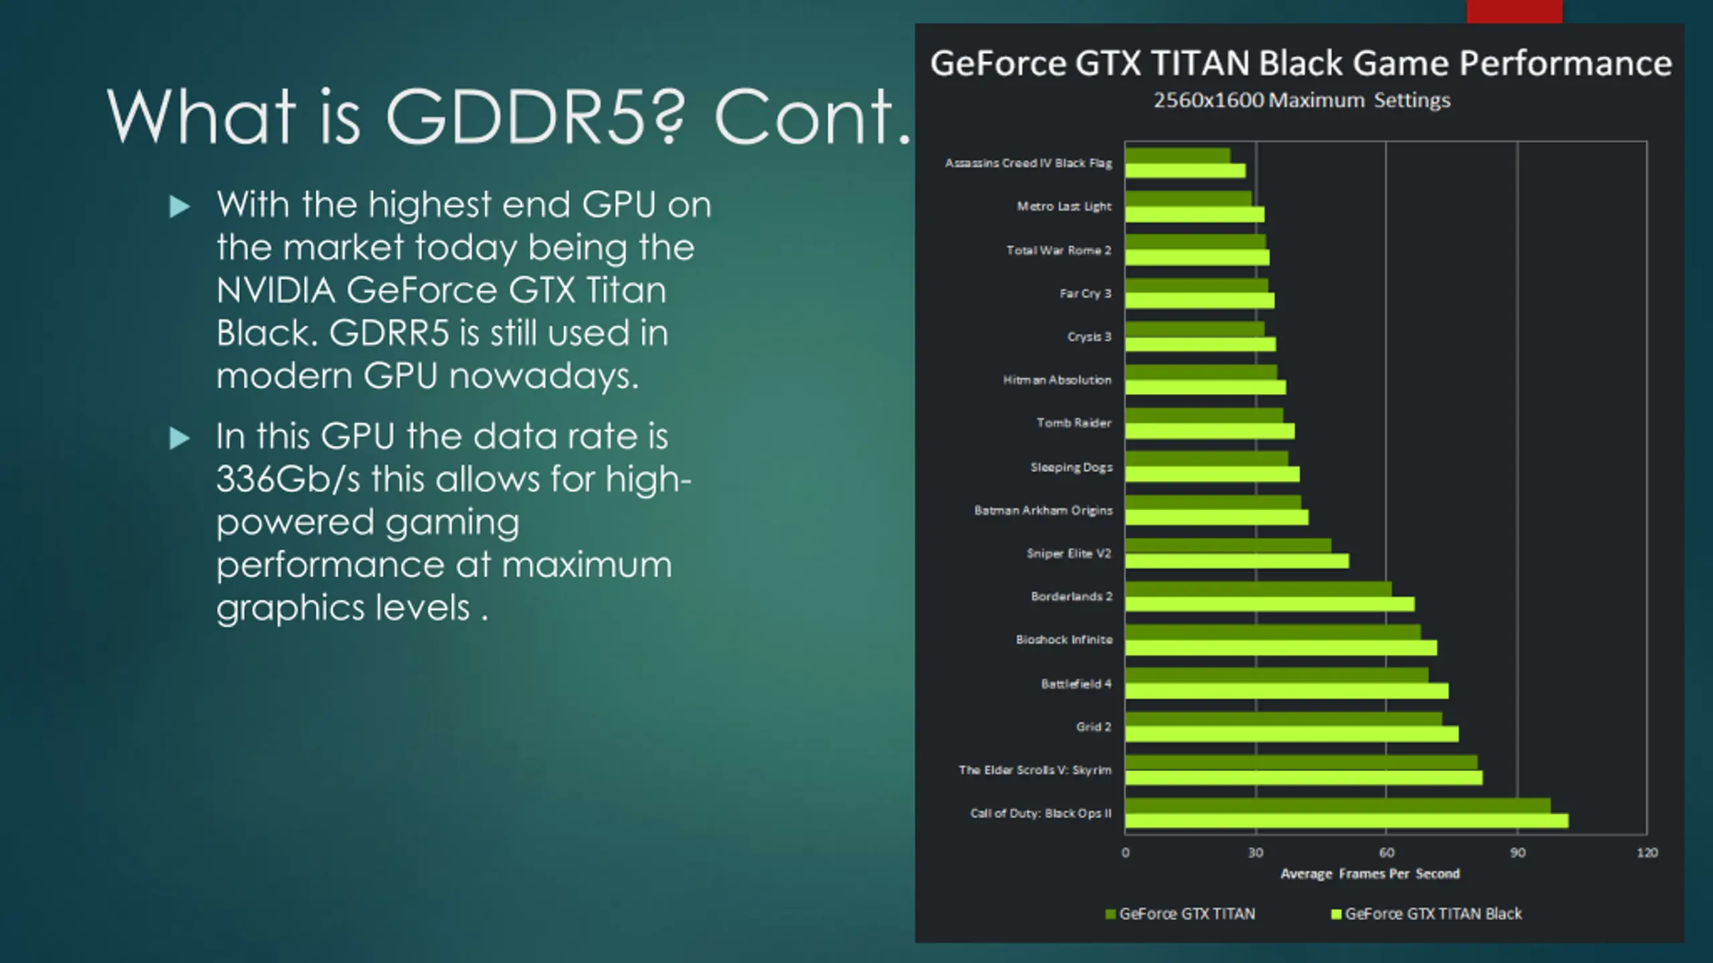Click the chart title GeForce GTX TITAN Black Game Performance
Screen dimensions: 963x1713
pyautogui.click(x=1300, y=64)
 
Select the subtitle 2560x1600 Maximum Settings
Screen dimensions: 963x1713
pyautogui.click(x=1301, y=100)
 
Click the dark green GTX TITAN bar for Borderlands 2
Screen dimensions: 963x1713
pyautogui.click(x=1258, y=589)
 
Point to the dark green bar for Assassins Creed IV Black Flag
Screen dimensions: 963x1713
pyautogui.click(x=1177, y=155)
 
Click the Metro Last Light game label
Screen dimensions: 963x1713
pyautogui.click(x=1064, y=207)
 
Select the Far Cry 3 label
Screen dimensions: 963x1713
pyautogui.click(x=1085, y=294)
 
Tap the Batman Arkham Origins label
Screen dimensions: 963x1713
pyautogui.click(x=1043, y=510)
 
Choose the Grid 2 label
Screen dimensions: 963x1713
pyautogui.click(x=1093, y=727)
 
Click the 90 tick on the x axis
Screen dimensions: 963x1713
pyautogui.click(x=1517, y=853)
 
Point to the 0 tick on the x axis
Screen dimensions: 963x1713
pyautogui.click(x=1125, y=853)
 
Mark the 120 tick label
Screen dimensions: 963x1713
pyautogui.click(x=1647, y=853)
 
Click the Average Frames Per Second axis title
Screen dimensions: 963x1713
pyautogui.click(x=1369, y=874)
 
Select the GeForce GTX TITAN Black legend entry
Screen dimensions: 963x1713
pyautogui.click(x=1433, y=914)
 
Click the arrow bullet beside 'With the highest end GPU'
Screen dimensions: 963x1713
pyautogui.click(x=179, y=207)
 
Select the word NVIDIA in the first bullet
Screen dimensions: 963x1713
pyautogui.click(x=275, y=291)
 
